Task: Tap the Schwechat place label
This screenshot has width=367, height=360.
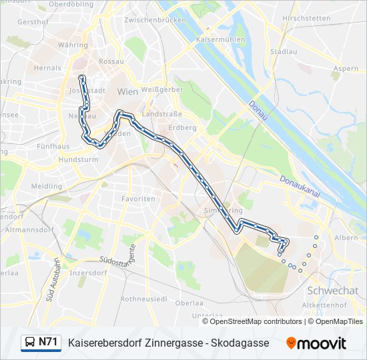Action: click(x=333, y=291)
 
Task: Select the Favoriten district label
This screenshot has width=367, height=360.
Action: click(x=138, y=199)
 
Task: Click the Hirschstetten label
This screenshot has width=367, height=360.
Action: click(x=306, y=18)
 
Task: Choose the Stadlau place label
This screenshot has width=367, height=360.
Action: click(x=284, y=51)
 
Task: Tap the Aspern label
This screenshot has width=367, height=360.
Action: click(x=346, y=69)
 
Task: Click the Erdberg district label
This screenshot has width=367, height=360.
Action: click(x=182, y=127)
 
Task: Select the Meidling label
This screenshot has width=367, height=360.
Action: click(x=46, y=187)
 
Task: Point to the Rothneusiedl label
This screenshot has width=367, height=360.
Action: click(x=144, y=299)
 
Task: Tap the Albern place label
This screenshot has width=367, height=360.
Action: click(x=346, y=237)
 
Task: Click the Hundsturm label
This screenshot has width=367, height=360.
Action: click(x=78, y=160)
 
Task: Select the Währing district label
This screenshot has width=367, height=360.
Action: click(x=73, y=45)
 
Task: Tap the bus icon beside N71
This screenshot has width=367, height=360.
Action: click(x=30, y=343)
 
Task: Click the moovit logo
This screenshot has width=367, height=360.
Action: click(x=316, y=343)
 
